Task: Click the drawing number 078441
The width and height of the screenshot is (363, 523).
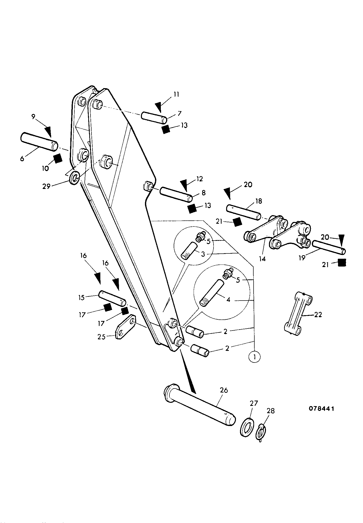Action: [x=321, y=409]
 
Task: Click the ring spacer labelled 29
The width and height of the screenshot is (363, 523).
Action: [x=74, y=178]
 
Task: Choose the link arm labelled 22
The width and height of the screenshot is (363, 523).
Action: [x=298, y=314]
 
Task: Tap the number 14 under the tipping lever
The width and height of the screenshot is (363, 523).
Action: [x=262, y=259]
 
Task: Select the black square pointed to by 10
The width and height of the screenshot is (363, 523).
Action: [x=58, y=158]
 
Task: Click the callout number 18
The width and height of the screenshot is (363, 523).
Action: [x=259, y=201]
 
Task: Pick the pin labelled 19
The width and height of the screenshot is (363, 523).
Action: [x=329, y=247]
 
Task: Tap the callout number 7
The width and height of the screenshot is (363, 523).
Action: [x=179, y=113]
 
